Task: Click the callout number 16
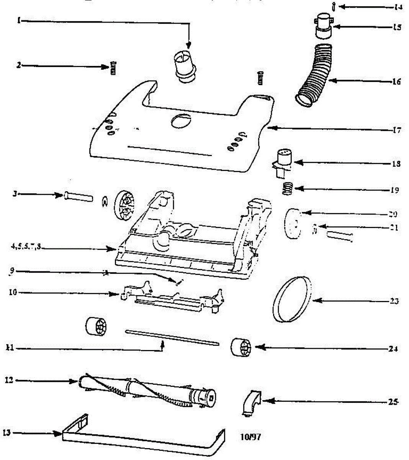click(x=396, y=82)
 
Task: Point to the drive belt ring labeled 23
click(x=292, y=299)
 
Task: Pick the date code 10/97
click(x=251, y=437)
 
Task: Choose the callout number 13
click(x=7, y=433)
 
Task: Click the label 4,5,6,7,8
click(x=26, y=247)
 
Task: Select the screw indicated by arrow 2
click(x=113, y=67)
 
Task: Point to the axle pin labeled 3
click(x=79, y=197)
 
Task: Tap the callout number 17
click(x=396, y=130)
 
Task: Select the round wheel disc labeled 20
click(x=293, y=224)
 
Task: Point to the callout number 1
click(x=18, y=21)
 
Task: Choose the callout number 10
click(x=12, y=293)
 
